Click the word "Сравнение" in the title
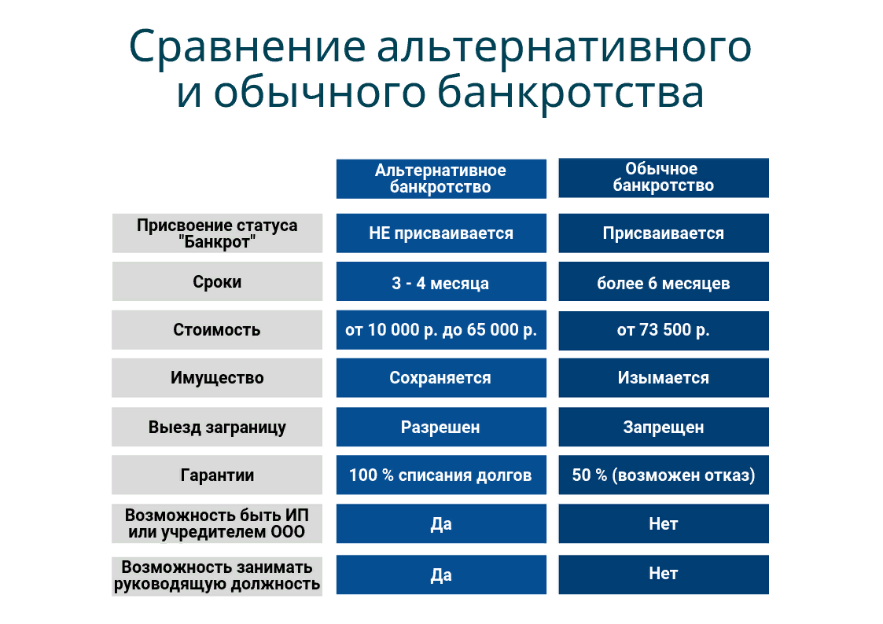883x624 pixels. click(247, 46)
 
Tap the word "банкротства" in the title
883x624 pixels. click(570, 92)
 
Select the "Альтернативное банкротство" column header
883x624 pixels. click(441, 179)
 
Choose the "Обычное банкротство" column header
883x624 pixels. click(664, 178)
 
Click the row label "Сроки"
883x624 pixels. click(217, 281)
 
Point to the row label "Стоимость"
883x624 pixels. click(217, 330)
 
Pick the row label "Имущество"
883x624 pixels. click(217, 377)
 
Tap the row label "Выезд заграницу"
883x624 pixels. click(217, 427)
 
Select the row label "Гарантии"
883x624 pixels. click(217, 475)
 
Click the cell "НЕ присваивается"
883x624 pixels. click(441, 233)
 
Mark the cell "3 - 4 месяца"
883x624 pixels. click(441, 281)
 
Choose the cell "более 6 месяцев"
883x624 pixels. click(664, 281)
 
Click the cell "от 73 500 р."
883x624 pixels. click(664, 330)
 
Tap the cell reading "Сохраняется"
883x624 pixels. click(441, 377)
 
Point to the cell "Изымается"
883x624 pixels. click(664, 377)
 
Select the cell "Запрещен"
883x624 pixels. click(664, 427)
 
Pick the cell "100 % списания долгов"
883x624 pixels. click(441, 475)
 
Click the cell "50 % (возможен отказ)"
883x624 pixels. click(664, 475)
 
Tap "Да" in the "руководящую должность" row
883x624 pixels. click(441, 574)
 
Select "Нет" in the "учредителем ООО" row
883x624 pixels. click(664, 523)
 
